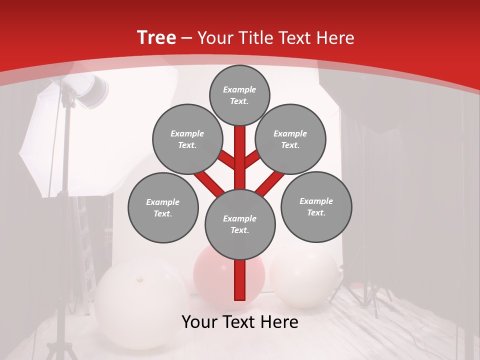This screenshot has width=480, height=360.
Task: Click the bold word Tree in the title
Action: (156, 37)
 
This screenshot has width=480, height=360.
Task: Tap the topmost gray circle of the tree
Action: (239, 95)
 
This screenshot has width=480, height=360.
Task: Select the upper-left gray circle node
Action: (187, 139)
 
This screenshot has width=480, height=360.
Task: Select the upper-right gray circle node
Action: (290, 139)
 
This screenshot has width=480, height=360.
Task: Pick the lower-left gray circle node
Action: (163, 207)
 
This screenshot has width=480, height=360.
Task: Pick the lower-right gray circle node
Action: (316, 206)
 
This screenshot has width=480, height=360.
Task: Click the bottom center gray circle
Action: (240, 224)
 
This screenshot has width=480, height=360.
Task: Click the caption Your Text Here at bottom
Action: (240, 322)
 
